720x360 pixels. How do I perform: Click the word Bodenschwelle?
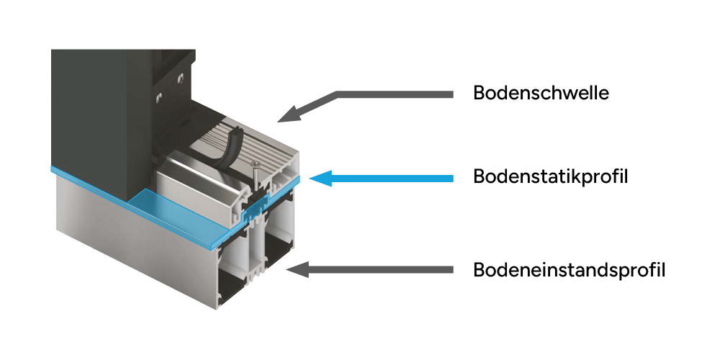pyautogui.click(x=541, y=93)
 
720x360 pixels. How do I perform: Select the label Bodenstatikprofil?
pyautogui.click(x=551, y=176)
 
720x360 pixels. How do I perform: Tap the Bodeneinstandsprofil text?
pyautogui.click(x=569, y=271)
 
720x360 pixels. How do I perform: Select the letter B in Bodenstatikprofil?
pyautogui.click(x=480, y=176)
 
